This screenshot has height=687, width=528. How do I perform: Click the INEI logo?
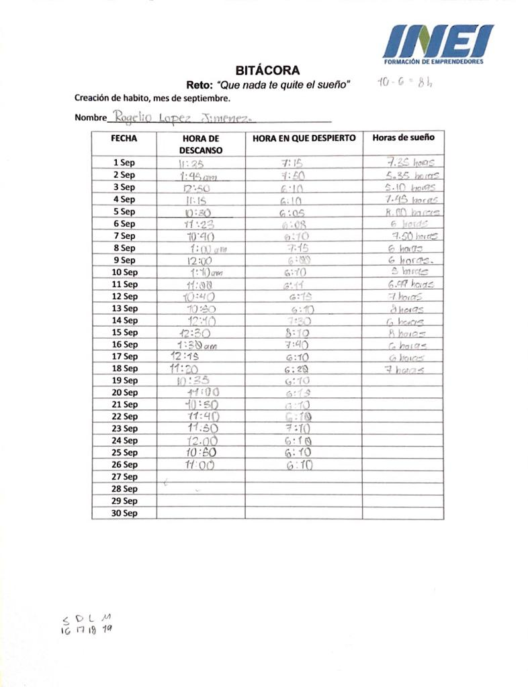tap(437, 44)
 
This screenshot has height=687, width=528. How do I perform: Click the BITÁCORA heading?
tap(267, 70)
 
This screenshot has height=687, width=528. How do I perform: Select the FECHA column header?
tap(124, 138)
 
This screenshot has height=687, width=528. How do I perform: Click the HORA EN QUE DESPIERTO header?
tap(304, 138)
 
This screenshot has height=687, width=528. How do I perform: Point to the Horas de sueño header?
tap(403, 138)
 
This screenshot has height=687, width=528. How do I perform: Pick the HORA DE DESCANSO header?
tap(200, 144)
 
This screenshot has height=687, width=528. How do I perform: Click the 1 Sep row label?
tap(124, 162)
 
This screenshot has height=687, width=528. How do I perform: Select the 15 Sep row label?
tap(124, 332)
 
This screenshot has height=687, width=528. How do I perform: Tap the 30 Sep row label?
tap(124, 513)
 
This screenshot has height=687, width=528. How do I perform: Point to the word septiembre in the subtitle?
tap(206, 98)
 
